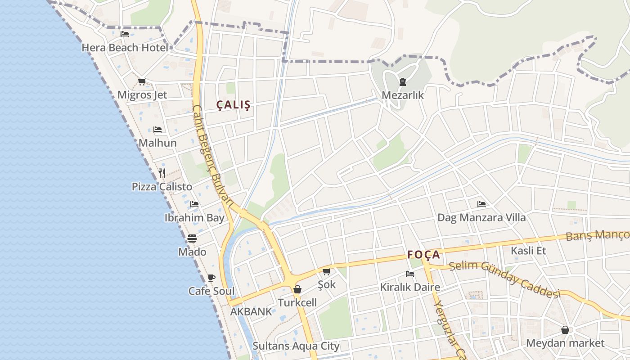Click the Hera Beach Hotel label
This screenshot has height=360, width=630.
click(x=125, y=47)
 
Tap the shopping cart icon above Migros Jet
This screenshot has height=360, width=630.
click(x=142, y=81)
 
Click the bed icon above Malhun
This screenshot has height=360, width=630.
click(x=157, y=130)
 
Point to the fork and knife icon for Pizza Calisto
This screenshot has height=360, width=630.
click(x=162, y=173)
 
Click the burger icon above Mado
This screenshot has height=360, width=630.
click(x=192, y=238)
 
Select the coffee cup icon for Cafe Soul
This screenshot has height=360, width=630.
click(x=211, y=278)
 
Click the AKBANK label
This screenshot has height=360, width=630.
click(x=251, y=311)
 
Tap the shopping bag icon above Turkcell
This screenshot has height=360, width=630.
click(x=297, y=289)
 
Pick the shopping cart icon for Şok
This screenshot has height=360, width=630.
click(x=327, y=271)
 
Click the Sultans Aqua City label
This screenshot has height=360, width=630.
click(x=296, y=346)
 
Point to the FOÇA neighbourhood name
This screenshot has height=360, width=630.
click(x=423, y=255)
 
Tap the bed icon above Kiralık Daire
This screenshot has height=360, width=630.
click(x=409, y=274)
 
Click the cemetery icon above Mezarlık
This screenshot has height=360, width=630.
click(x=402, y=82)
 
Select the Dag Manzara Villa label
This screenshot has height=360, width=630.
click(x=481, y=218)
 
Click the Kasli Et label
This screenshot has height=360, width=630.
click(x=528, y=250)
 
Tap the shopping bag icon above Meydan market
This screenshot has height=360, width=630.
click(x=565, y=330)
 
